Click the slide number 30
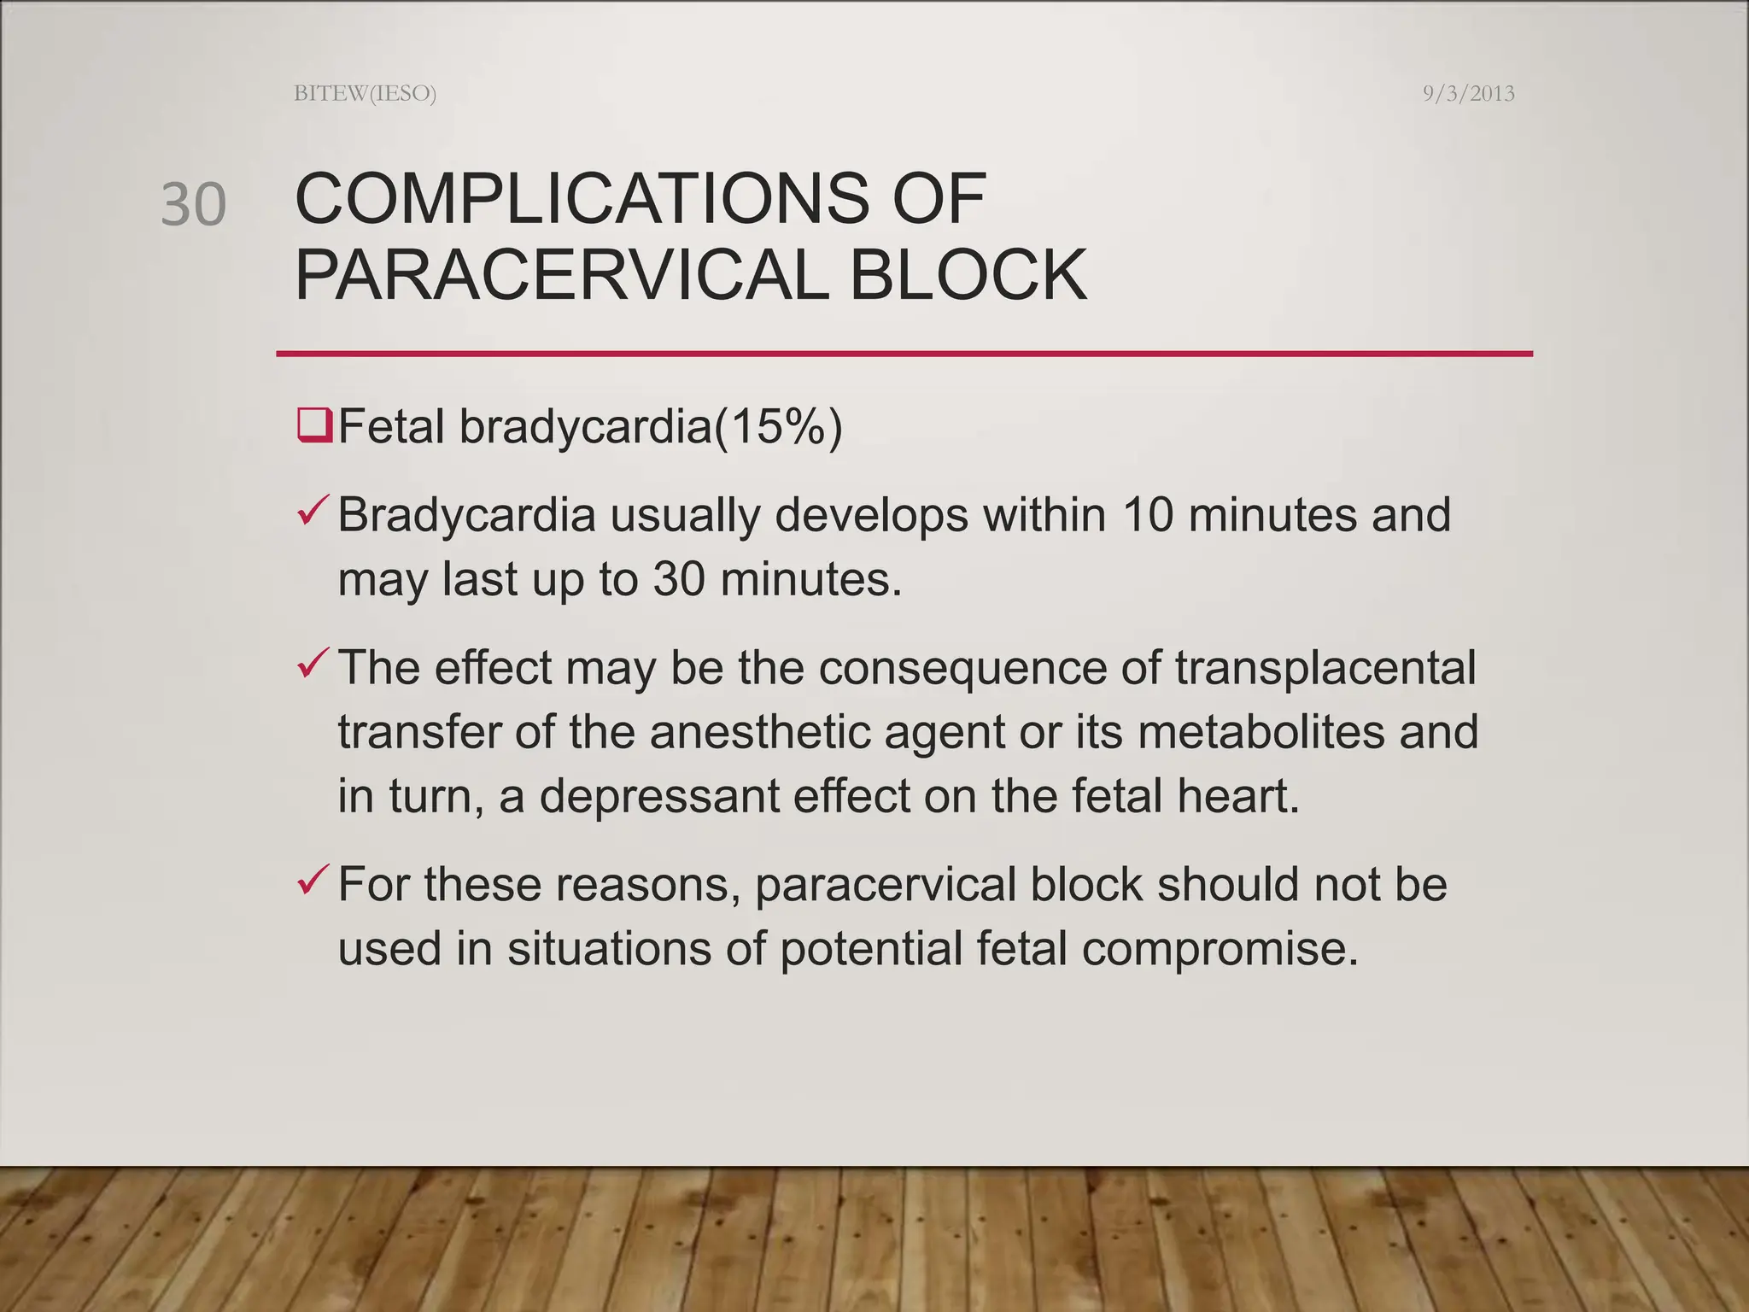point(194,205)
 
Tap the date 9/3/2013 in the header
point(1468,93)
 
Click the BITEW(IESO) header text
point(365,93)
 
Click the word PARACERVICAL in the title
point(561,275)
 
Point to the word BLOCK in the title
point(968,275)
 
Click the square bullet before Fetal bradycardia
point(314,425)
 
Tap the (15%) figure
point(778,426)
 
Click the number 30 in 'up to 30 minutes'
point(679,579)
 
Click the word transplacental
point(1325,668)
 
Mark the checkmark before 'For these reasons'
point(312,880)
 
